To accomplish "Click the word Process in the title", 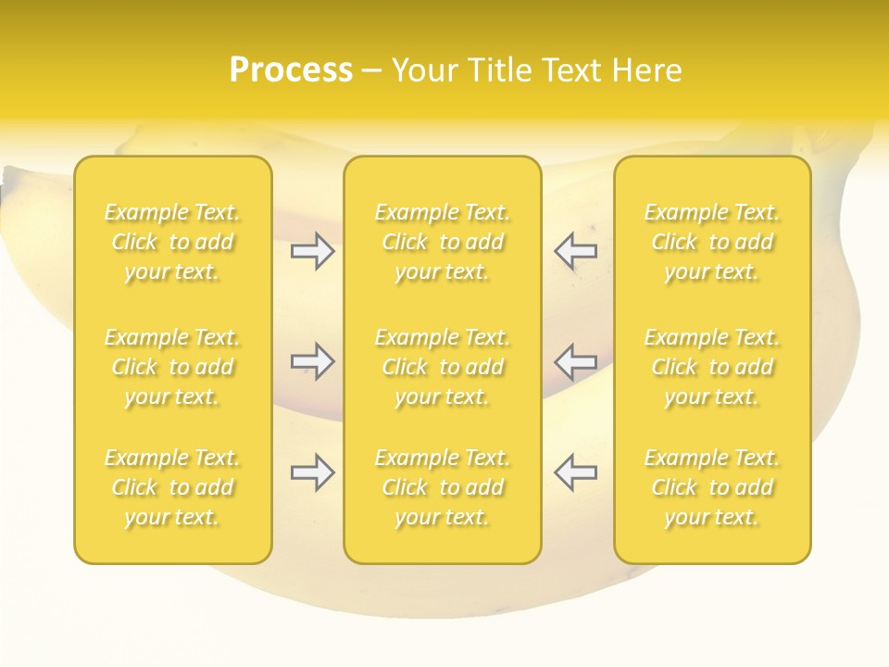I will click(291, 70).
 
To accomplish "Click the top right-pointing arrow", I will click(313, 250).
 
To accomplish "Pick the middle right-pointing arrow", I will click(313, 360).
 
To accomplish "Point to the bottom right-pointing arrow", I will click(313, 472).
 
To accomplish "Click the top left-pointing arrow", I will click(575, 250).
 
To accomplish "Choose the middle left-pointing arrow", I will click(575, 360).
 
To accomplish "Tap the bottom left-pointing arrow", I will click(575, 472).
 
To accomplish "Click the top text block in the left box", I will click(172, 242).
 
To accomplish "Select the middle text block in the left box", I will click(172, 367).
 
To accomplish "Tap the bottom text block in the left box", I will click(172, 487).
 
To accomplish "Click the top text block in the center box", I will click(443, 242).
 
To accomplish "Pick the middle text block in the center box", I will click(443, 367).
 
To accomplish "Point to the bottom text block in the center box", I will click(443, 487).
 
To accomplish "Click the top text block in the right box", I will click(712, 242).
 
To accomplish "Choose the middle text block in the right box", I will click(712, 367).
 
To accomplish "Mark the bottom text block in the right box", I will click(712, 487).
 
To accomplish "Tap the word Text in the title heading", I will click(569, 70).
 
